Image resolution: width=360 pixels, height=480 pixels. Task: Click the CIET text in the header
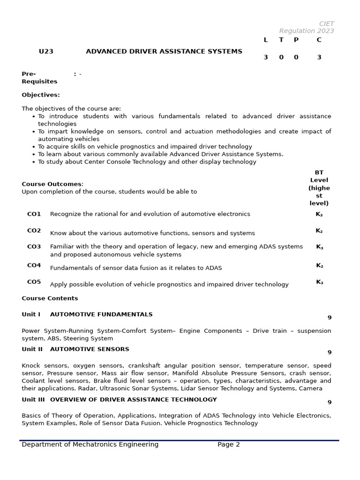click(x=326, y=23)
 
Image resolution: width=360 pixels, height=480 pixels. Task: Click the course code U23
click(x=46, y=52)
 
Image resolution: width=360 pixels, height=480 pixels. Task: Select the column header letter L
click(x=266, y=40)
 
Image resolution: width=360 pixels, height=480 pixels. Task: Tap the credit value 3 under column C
click(x=319, y=57)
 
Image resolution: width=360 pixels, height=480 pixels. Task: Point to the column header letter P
click(x=296, y=40)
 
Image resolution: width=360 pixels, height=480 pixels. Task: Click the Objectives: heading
click(x=41, y=95)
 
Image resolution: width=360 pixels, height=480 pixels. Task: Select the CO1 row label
click(x=34, y=214)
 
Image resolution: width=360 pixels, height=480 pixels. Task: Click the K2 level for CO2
click(x=319, y=231)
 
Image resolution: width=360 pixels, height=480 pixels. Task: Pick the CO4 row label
click(x=34, y=265)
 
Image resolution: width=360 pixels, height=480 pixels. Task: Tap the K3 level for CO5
click(x=319, y=282)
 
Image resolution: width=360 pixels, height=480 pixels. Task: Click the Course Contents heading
click(x=50, y=298)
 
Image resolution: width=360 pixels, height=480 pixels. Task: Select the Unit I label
click(x=31, y=315)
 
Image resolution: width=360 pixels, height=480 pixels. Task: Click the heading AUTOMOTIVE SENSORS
click(x=90, y=349)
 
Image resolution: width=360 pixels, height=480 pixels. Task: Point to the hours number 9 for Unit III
click(x=329, y=402)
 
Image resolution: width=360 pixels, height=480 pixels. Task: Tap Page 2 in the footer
click(x=228, y=444)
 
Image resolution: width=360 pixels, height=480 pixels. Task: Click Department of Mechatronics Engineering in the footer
click(x=90, y=444)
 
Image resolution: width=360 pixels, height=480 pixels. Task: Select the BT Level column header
click(x=319, y=187)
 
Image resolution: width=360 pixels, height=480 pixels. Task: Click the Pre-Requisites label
click(x=39, y=78)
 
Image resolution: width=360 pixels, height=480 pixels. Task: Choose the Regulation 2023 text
click(x=307, y=31)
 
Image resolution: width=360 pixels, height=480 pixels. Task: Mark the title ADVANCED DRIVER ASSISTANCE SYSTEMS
click(x=164, y=52)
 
